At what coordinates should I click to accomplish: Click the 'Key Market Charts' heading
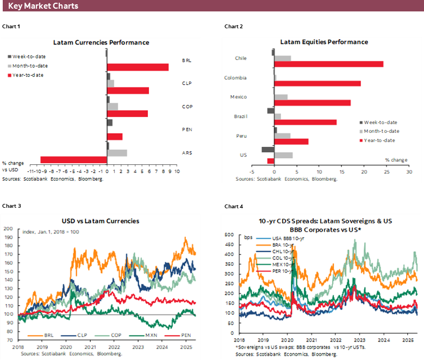[43, 6]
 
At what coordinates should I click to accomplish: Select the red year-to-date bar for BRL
[138, 67]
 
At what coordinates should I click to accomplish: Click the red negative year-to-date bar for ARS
[73, 160]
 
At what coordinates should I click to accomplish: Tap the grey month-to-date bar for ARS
[117, 153]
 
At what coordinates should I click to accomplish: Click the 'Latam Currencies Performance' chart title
[101, 42]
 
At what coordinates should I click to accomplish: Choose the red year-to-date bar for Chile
[329, 64]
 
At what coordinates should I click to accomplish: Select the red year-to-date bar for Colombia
[317, 83]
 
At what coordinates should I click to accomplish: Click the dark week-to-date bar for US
[267, 150]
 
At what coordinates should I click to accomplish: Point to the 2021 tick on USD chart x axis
[90, 346]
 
